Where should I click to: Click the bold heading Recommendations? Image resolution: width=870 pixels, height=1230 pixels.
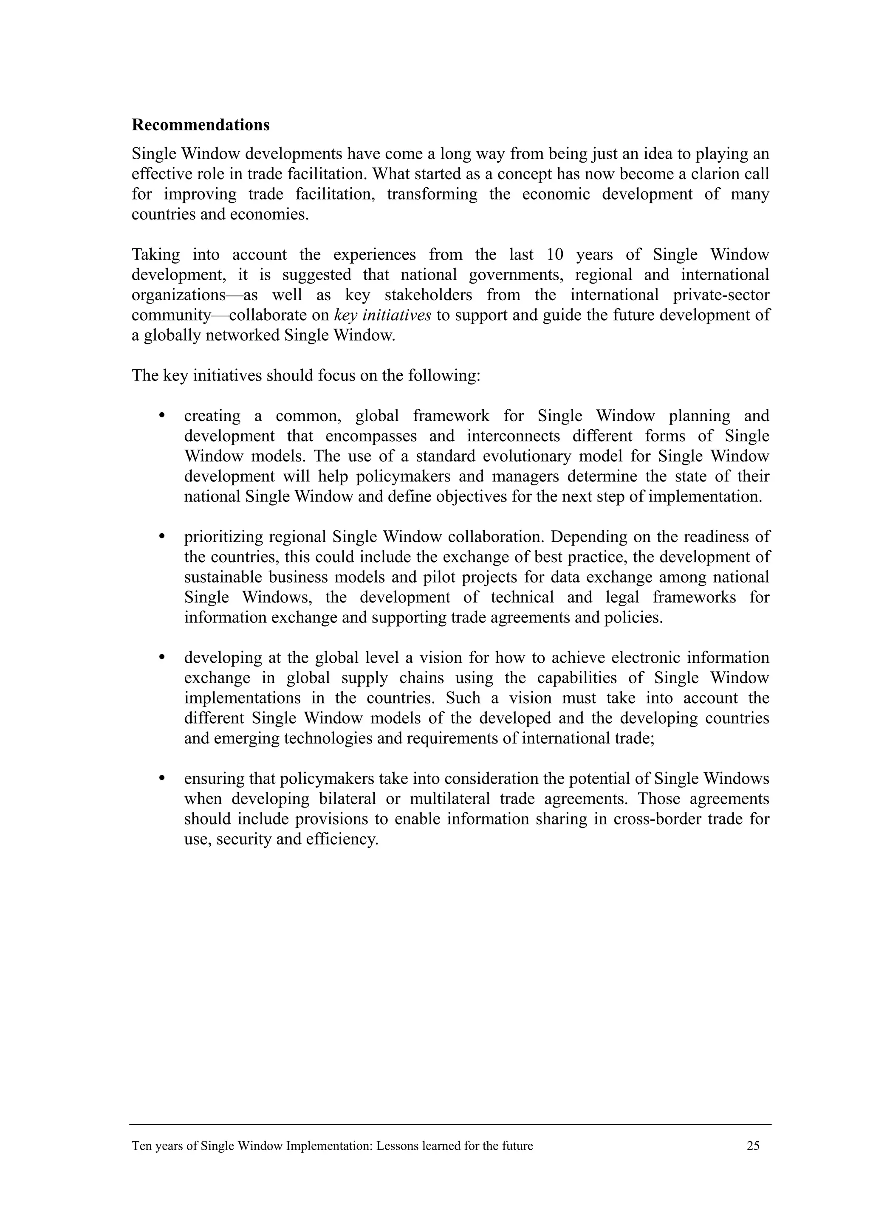pyautogui.click(x=201, y=125)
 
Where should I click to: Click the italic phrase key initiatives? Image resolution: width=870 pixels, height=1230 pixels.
pyautogui.click(x=382, y=315)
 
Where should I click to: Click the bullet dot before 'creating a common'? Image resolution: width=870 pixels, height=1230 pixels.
pyautogui.click(x=161, y=415)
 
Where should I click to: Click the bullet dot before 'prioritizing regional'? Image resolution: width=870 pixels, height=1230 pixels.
pyautogui.click(x=161, y=536)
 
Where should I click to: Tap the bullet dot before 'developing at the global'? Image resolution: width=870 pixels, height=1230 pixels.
pyautogui.click(x=161, y=657)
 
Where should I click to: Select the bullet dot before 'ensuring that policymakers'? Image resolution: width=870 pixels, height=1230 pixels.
pyautogui.click(x=161, y=777)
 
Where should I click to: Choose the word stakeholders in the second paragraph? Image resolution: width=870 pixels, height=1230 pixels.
pyautogui.click(x=428, y=295)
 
